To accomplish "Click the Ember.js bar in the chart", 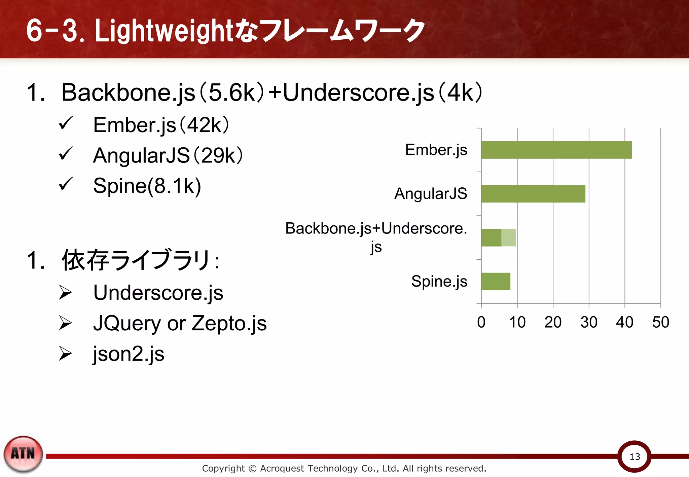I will pyautogui.click(x=556, y=150).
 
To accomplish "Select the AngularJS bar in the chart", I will pyautogui.click(x=533, y=194).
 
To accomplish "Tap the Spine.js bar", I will pyautogui.click(x=496, y=282).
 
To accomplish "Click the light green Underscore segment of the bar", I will pyautogui.click(x=508, y=237).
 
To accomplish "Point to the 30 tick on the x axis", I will pyautogui.click(x=589, y=322).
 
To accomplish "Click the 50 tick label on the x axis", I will pyautogui.click(x=660, y=322).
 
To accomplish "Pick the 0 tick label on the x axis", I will pyautogui.click(x=481, y=322).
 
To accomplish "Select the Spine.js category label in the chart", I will pyautogui.click(x=439, y=281).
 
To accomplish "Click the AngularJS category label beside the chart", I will pyautogui.click(x=431, y=194).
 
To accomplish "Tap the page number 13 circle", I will pyautogui.click(x=634, y=456).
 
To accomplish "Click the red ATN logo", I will pyautogui.click(x=23, y=453).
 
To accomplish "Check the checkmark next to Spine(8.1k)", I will pyautogui.click(x=66, y=184).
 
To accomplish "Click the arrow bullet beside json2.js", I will pyautogui.click(x=65, y=354).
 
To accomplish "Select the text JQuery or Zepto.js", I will pyautogui.click(x=180, y=324).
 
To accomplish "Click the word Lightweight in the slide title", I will pyautogui.click(x=164, y=31).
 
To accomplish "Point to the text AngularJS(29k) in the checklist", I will pyautogui.click(x=168, y=156).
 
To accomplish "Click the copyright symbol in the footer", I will pyautogui.click(x=252, y=468).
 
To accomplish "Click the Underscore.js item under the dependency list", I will pyautogui.click(x=158, y=293).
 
